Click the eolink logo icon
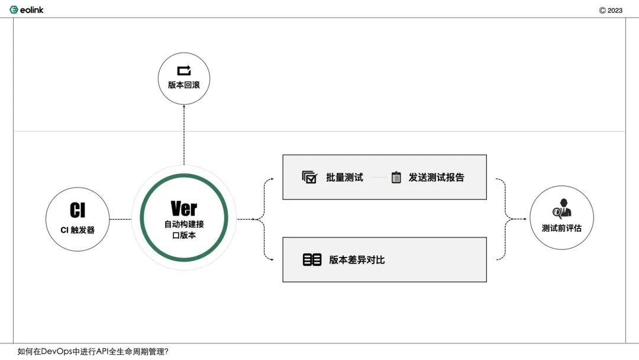pos(14,10)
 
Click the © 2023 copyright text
pos(611,11)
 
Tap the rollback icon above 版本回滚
pos(184,70)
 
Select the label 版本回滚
pos(184,85)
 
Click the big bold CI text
pos(78,210)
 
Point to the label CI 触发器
pos(78,230)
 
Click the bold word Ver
pos(184,209)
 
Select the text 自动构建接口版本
pos(184,230)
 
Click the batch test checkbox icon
pos(309,178)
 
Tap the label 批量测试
pos(344,178)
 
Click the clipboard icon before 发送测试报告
pos(396,178)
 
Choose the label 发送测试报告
pos(437,178)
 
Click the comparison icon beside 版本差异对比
pos(312,260)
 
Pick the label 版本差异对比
pos(357,260)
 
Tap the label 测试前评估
pos(561,229)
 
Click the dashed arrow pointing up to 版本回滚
pos(184,135)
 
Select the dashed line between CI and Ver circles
pos(121,219)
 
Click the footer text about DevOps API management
pos(93,352)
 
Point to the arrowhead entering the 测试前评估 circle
pos(525,219)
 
